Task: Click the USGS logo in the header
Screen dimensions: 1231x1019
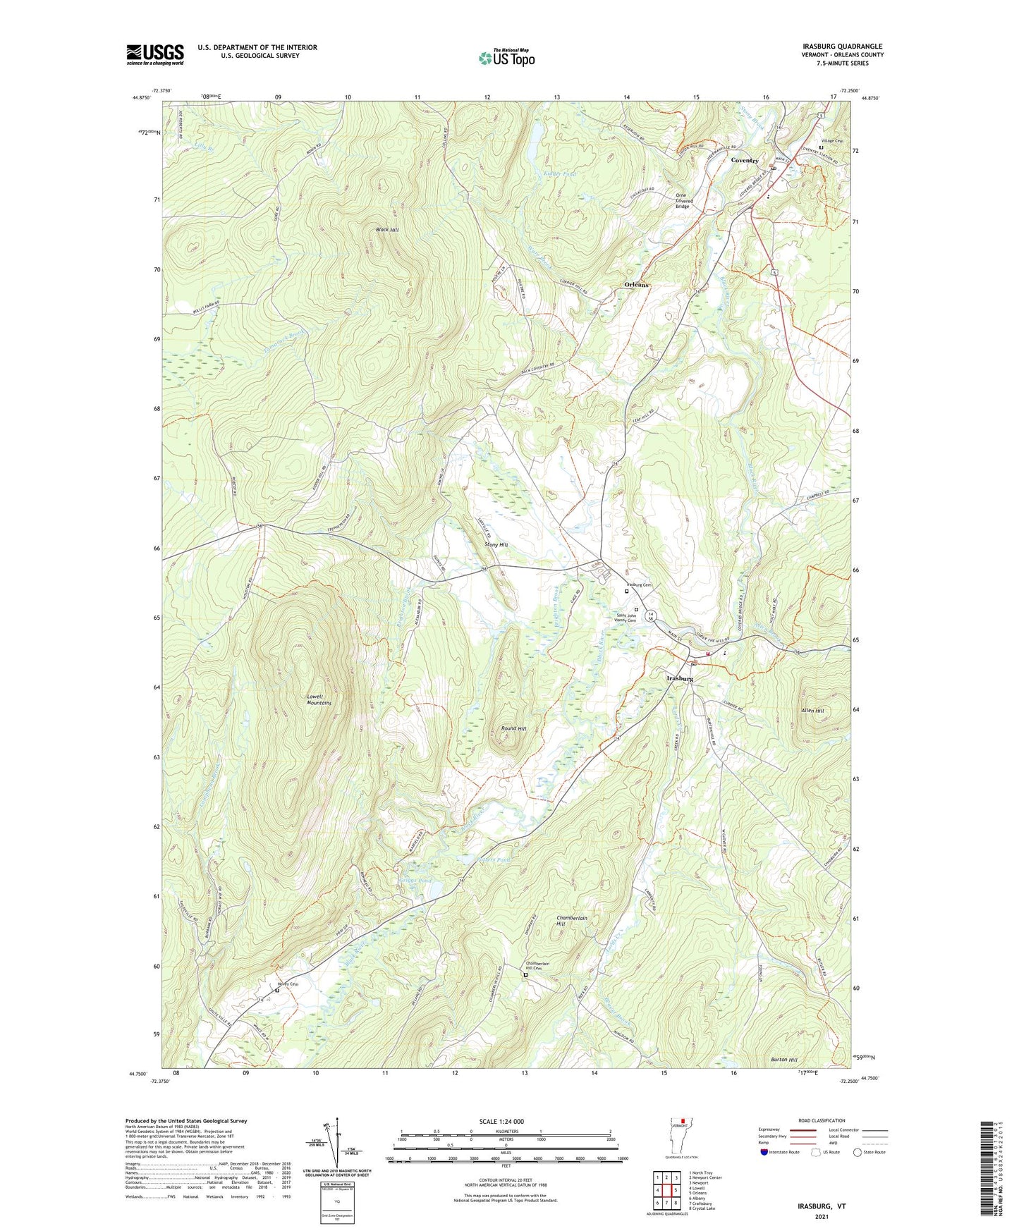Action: point(154,54)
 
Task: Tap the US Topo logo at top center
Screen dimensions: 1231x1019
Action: point(506,58)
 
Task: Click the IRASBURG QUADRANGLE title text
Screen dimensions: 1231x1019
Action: point(842,47)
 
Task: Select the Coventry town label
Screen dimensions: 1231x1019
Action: point(744,161)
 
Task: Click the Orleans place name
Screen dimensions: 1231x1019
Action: point(636,285)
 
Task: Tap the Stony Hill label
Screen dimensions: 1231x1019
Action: point(496,545)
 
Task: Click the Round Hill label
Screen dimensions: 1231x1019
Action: point(513,728)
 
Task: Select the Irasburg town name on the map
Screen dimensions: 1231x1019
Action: point(680,678)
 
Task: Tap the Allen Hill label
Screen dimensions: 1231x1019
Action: point(812,711)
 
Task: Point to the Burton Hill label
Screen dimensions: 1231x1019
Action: point(783,1060)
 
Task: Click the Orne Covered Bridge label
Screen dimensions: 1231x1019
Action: point(682,201)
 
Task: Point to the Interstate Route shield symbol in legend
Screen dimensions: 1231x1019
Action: point(764,1152)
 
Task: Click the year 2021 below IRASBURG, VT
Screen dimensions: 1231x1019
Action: point(821,1216)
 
